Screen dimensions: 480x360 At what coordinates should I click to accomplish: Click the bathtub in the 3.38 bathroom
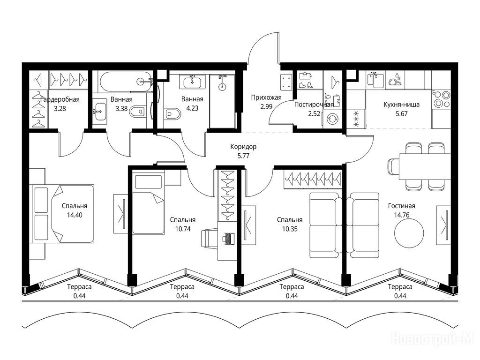point(126,81)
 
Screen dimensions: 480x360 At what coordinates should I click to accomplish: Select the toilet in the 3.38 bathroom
point(137,112)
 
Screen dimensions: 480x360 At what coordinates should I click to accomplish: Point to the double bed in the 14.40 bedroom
point(62,214)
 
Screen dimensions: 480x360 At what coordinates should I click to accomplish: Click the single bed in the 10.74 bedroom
point(149,204)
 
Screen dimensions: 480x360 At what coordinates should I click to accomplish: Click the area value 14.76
point(402,215)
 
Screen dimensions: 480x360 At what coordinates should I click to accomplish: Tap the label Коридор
point(243,147)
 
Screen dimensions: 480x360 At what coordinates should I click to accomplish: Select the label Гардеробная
point(60,99)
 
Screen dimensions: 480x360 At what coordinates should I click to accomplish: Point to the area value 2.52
point(314,114)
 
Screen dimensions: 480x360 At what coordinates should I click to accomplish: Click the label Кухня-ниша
point(402,105)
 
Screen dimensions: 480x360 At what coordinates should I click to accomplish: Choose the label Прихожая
point(266,97)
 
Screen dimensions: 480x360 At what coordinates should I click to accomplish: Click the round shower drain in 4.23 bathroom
point(222,87)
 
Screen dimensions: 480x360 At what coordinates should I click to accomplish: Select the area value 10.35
point(290,229)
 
